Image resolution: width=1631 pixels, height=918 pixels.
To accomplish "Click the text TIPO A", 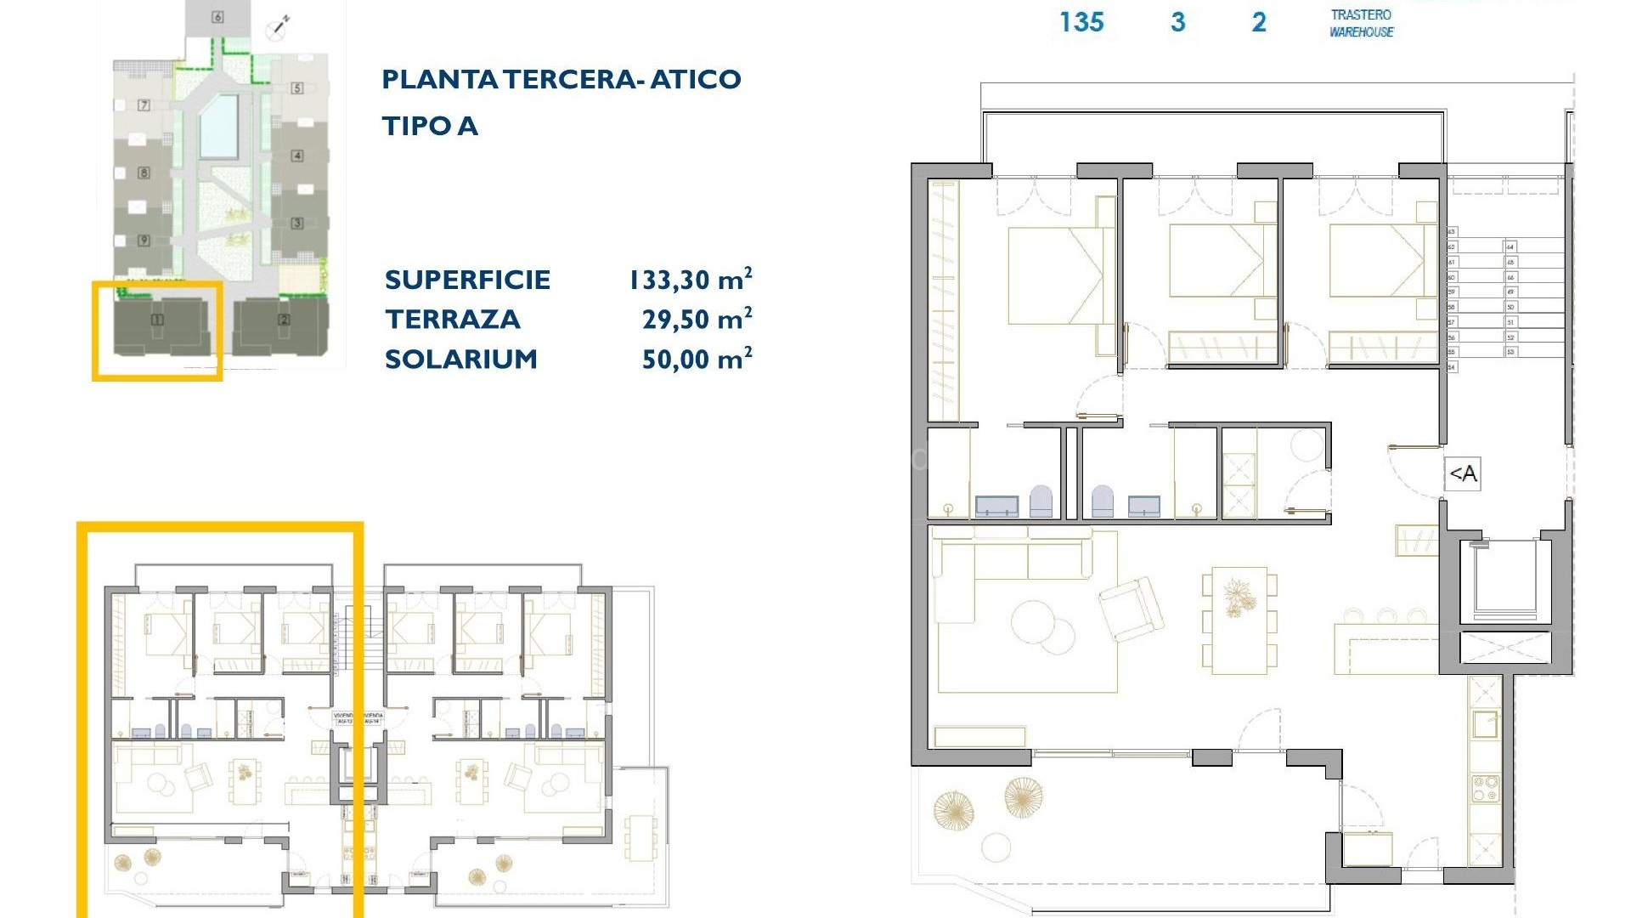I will coord(430,126).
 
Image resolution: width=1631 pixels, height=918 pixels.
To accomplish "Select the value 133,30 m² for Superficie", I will coord(690,279).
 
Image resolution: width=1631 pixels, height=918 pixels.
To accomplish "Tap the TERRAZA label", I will coord(452,320).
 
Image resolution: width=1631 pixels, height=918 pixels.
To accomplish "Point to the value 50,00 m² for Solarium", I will coord(696,359).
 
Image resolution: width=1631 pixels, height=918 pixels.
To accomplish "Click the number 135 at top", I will coord(1081,22).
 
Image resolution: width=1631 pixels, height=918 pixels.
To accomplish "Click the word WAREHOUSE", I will coord(1361,32).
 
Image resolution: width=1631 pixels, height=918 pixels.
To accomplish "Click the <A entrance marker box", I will coord(1463,473).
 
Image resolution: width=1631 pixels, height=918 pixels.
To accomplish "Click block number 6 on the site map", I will coord(217,17).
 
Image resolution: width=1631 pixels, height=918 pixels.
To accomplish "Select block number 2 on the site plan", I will coord(284,320).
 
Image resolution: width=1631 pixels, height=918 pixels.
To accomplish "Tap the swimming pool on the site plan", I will coord(219,127).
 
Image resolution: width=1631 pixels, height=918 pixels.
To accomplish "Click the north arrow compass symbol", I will coord(278,28).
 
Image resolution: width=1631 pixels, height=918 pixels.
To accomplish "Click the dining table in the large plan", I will coord(1239,620).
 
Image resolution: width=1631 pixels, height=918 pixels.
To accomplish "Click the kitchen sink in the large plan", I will coord(1486,723).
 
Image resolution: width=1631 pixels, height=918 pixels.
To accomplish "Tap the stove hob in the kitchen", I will coord(1486,787).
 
